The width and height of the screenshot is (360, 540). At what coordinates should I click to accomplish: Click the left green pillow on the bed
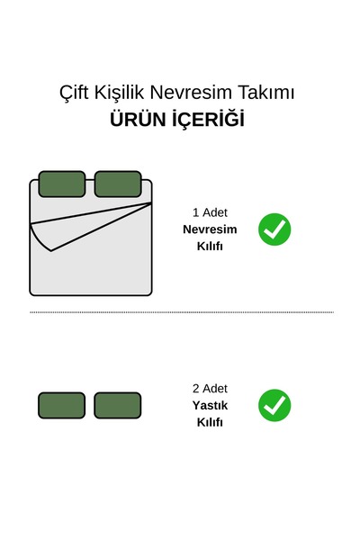(x=62, y=184)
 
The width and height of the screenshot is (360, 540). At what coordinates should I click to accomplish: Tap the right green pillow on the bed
(x=118, y=184)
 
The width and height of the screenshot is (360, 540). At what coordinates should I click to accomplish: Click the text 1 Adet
(x=210, y=212)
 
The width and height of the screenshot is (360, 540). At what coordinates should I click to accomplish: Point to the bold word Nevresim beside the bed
(x=210, y=229)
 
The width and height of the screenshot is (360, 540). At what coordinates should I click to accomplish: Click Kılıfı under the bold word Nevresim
(x=210, y=246)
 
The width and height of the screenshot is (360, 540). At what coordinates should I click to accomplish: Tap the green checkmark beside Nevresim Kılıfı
(x=274, y=229)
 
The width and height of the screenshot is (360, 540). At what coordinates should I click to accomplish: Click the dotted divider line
(x=182, y=312)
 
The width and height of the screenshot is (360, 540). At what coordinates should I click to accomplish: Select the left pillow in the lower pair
(x=62, y=405)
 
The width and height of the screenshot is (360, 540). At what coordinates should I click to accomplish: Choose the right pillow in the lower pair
(x=118, y=405)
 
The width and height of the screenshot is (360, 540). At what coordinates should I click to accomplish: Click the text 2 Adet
(x=210, y=389)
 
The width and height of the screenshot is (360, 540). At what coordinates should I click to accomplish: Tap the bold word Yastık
(x=210, y=405)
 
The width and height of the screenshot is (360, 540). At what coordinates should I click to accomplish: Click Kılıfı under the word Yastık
(x=210, y=422)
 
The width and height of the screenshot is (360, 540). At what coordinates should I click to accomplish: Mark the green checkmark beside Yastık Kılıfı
(x=274, y=405)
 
